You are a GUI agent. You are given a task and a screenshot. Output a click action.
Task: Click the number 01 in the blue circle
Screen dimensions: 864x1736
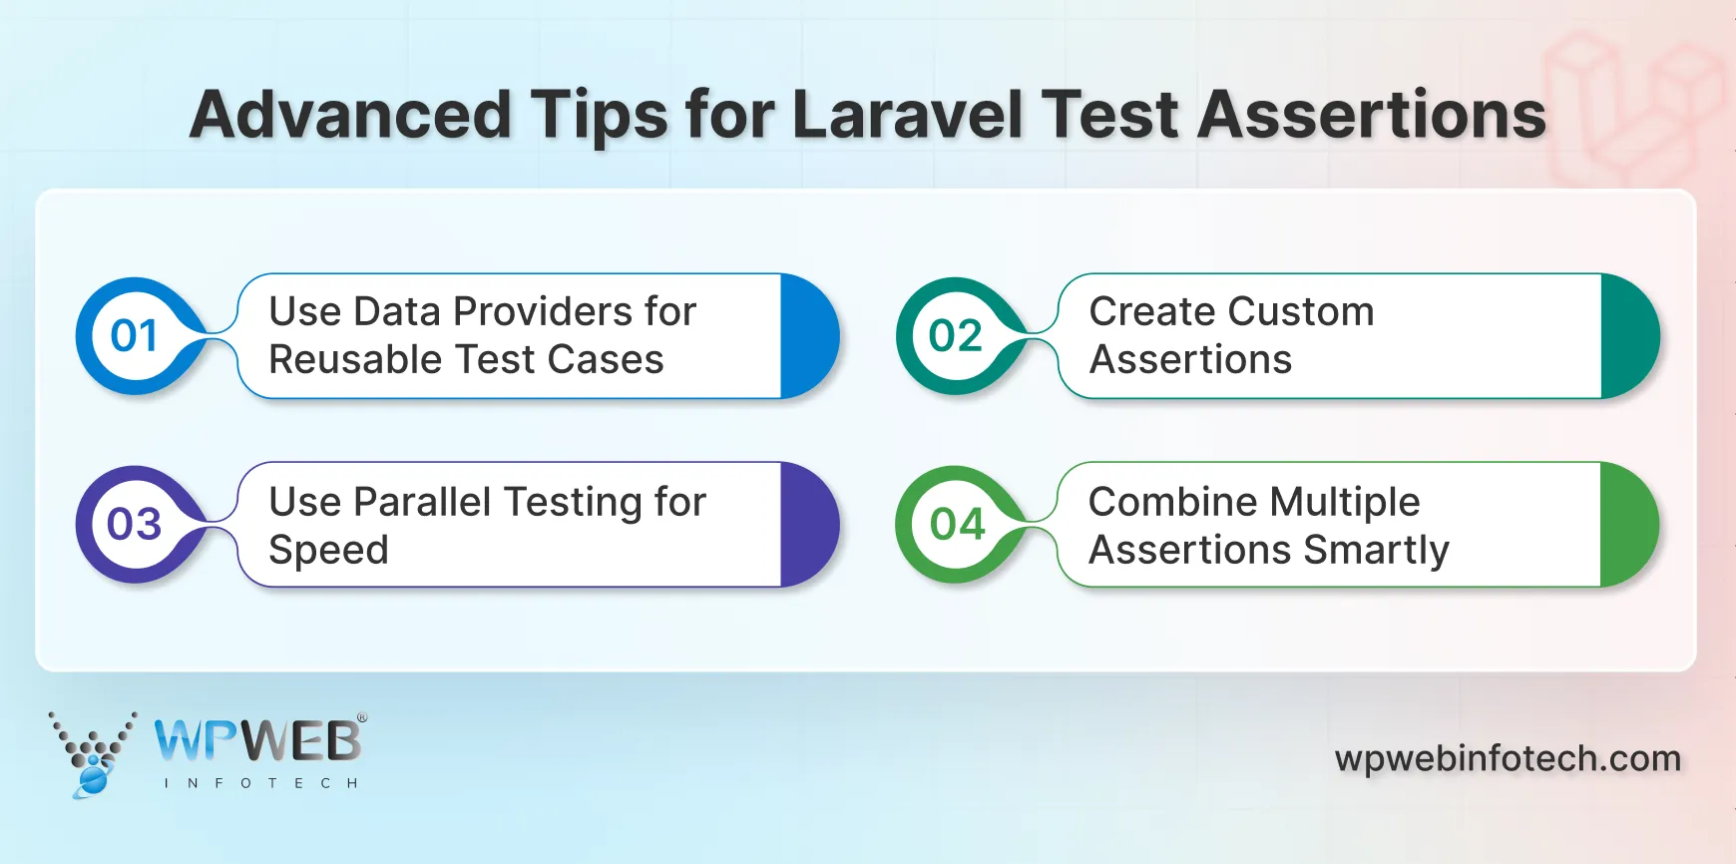click(x=135, y=336)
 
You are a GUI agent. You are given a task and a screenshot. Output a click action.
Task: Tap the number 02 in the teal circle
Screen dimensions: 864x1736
click(x=956, y=336)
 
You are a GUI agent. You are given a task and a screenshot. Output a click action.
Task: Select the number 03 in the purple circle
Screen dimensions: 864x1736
click(x=135, y=525)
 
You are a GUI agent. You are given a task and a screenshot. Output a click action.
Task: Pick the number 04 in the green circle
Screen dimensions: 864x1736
click(x=956, y=525)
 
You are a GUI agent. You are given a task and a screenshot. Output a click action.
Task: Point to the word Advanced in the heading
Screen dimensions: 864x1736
click(x=350, y=115)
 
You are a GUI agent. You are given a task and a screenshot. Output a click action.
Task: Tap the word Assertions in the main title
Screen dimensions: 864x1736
click(x=1371, y=115)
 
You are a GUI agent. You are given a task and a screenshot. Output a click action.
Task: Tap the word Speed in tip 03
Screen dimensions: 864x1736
click(x=328, y=551)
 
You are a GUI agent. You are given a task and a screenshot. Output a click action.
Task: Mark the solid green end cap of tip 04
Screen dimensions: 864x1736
click(x=1626, y=525)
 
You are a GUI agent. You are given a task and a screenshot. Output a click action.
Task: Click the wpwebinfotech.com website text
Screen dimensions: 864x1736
click(x=1508, y=759)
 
